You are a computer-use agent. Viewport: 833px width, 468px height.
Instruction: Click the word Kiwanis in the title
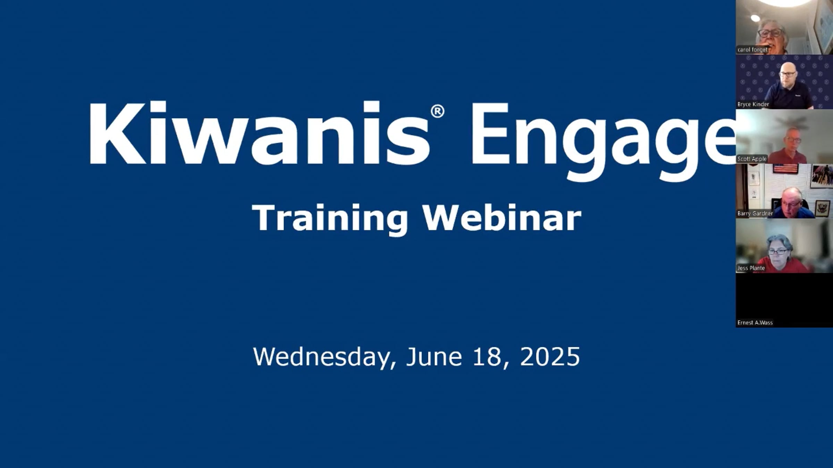pyautogui.click(x=259, y=133)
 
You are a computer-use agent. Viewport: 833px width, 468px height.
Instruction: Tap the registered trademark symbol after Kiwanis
pyautogui.click(x=437, y=112)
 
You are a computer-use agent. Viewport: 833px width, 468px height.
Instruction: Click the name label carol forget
pyautogui.click(x=752, y=50)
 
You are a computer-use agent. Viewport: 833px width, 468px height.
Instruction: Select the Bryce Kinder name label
pyautogui.click(x=753, y=104)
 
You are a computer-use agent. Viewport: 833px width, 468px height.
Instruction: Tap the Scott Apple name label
pyautogui.click(x=752, y=159)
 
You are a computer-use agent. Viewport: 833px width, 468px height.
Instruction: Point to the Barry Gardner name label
pyautogui.click(x=755, y=214)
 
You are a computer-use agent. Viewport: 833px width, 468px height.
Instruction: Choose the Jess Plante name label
pyautogui.click(x=751, y=268)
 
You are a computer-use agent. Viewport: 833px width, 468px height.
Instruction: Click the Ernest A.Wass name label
pyautogui.click(x=755, y=323)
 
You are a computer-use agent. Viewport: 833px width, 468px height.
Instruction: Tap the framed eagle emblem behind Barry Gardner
pyautogui.click(x=822, y=208)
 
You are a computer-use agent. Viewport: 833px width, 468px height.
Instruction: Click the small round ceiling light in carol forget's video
pyautogui.click(x=755, y=18)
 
